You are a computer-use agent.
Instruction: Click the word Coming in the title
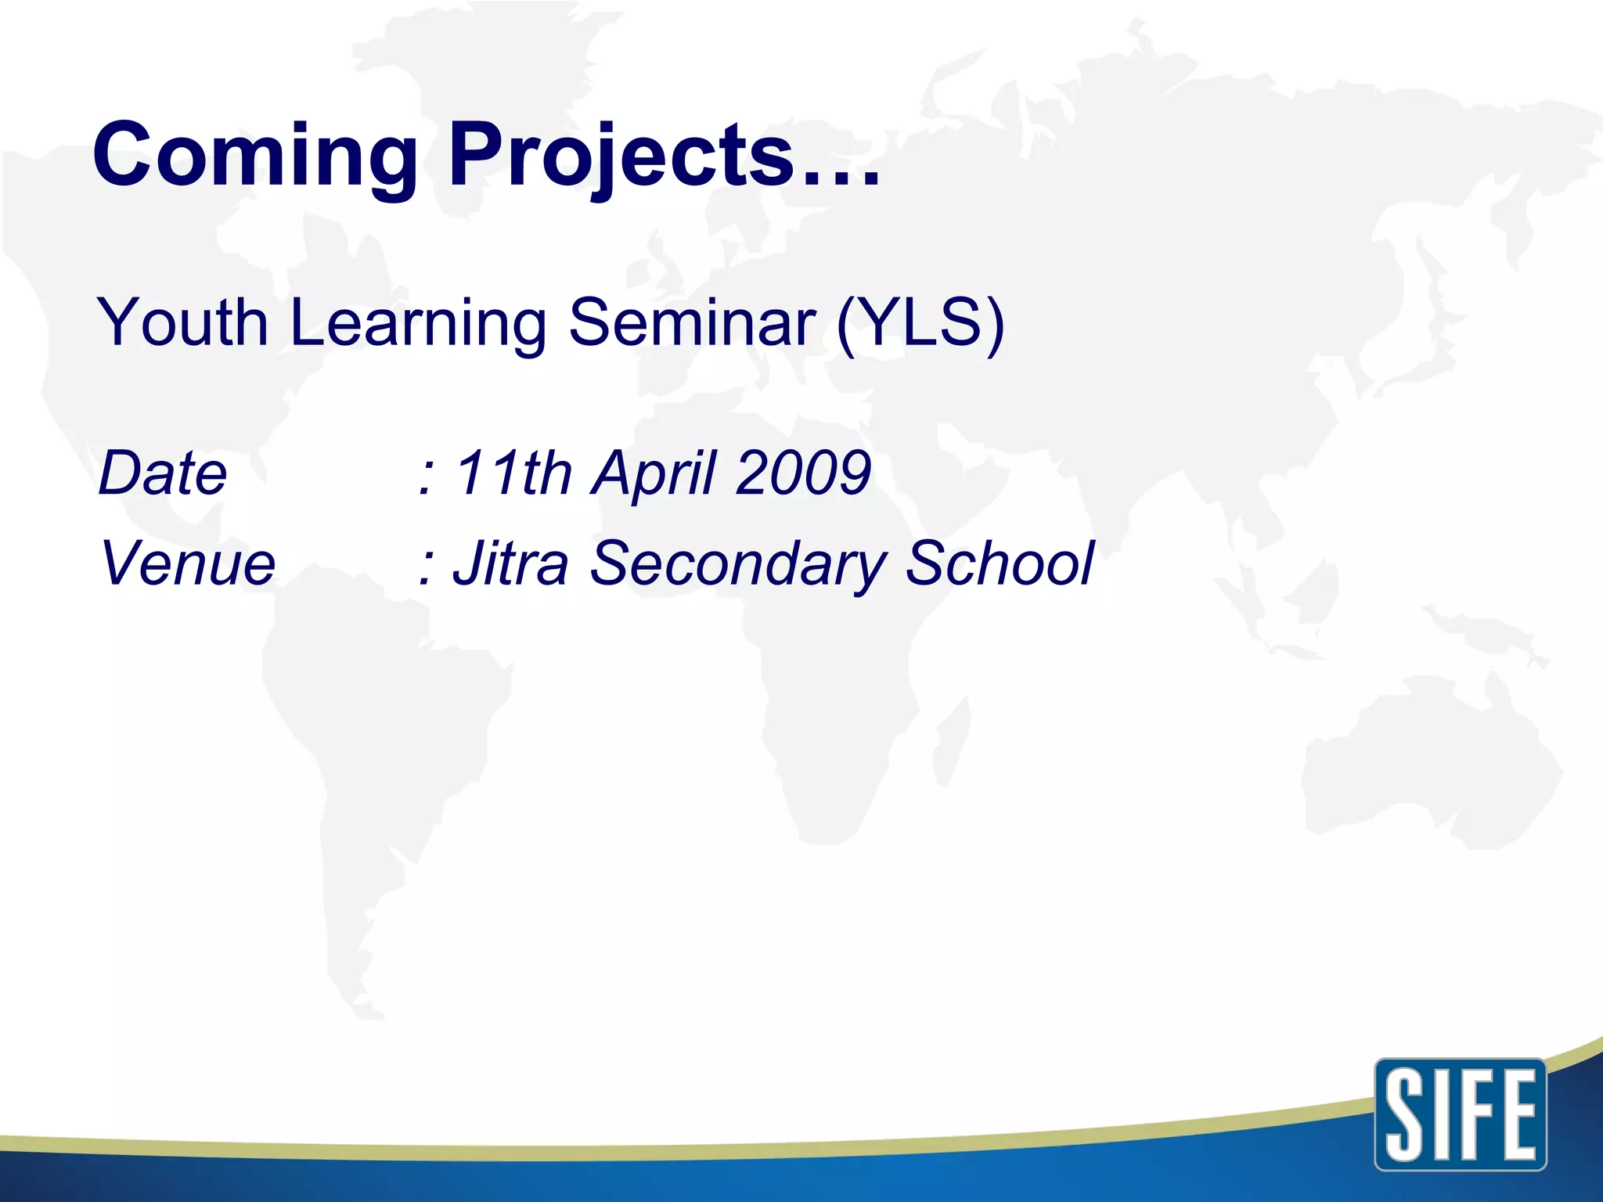click(x=255, y=157)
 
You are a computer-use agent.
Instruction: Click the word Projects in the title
click(x=621, y=157)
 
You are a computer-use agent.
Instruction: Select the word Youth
click(x=182, y=322)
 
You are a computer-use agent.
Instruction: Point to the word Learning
click(x=418, y=324)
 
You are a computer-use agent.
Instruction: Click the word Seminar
click(x=692, y=322)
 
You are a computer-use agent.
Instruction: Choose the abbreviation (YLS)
click(x=920, y=322)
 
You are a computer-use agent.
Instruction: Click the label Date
click(x=163, y=474)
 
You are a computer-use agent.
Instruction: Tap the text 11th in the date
click(x=513, y=473)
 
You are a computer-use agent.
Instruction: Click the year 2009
click(x=803, y=473)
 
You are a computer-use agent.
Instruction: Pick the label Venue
click(x=188, y=563)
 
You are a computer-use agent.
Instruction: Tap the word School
click(x=999, y=563)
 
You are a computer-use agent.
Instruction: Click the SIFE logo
click(x=1460, y=1114)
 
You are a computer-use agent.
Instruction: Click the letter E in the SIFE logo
click(x=1515, y=1115)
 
